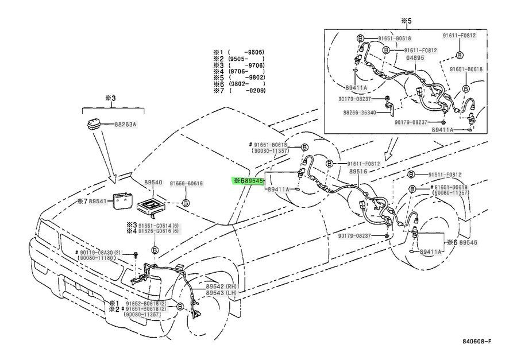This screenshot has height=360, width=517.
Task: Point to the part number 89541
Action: pyautogui.click(x=98, y=202)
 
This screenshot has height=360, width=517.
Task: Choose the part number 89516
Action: pyautogui.click(x=358, y=171)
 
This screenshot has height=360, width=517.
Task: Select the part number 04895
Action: pyautogui.click(x=415, y=58)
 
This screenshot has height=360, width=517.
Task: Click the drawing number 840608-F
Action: pyautogui.click(x=477, y=342)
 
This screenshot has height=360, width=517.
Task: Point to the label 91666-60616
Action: pyautogui.click(x=186, y=183)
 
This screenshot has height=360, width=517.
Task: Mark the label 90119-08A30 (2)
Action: pyautogui.click(x=96, y=253)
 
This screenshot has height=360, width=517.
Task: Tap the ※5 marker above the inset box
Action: pyautogui.click(x=406, y=21)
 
